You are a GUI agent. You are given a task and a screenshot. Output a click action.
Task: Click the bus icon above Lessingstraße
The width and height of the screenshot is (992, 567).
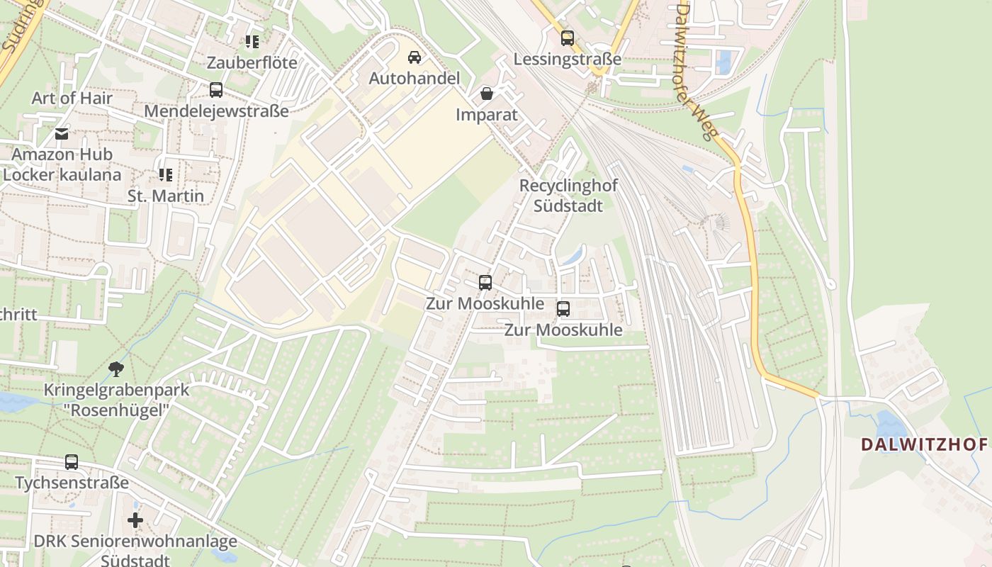567,38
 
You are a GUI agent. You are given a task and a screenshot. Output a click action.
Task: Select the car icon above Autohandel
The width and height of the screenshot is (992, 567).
415,57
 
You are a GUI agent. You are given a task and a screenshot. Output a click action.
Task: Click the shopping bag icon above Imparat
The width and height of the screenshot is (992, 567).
487,93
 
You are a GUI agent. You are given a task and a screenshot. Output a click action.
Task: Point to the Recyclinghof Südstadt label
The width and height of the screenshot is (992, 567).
568,196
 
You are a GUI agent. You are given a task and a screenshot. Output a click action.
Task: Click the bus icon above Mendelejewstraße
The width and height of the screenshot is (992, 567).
216,90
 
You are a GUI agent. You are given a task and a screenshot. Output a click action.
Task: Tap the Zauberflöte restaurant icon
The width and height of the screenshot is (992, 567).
252,42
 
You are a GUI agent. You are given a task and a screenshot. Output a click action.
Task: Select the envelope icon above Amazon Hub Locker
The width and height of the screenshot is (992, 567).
62,133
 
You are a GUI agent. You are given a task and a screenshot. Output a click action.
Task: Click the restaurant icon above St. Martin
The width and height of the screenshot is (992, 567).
166,174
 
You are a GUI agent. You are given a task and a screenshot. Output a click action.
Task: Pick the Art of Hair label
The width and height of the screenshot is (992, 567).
72,98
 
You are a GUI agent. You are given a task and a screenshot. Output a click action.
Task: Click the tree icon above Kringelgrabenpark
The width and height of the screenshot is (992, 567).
116,369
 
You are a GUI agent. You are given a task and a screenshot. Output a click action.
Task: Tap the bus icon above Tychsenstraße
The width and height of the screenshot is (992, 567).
72,462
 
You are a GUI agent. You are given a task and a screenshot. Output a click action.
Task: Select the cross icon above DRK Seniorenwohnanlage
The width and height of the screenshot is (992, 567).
135,521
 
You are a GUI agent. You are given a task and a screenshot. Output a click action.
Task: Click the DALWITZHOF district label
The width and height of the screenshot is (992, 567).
923,444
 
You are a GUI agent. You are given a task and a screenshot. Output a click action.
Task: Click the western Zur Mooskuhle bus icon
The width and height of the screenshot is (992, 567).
485,283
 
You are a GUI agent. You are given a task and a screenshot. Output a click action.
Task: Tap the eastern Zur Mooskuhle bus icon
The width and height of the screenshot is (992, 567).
563,309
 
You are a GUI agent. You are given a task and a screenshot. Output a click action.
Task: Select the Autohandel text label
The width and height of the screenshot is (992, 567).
415,78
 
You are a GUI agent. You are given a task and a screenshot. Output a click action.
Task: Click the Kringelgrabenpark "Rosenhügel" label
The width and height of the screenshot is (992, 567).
117,399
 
